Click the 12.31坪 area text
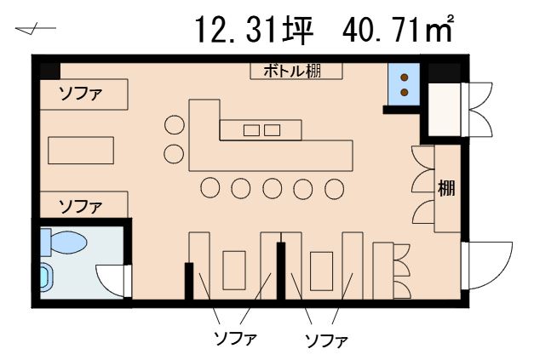coord(254,30)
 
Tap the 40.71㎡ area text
coord(398,29)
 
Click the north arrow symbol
coord(36,31)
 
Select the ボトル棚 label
coord(292,71)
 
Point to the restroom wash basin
coord(47,278)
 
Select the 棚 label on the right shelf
coord(446,188)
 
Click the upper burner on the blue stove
coord(405,77)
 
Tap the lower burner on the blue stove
coord(405,92)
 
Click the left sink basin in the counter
coord(251,130)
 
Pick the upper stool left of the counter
coord(175,124)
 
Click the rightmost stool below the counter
coord(334,188)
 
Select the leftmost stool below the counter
coord(210,188)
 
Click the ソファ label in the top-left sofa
coord(81,94)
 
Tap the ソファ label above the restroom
coord(81,206)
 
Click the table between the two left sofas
coord(81,151)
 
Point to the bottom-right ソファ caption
coord(326,340)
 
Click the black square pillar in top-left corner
coord(50,71)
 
